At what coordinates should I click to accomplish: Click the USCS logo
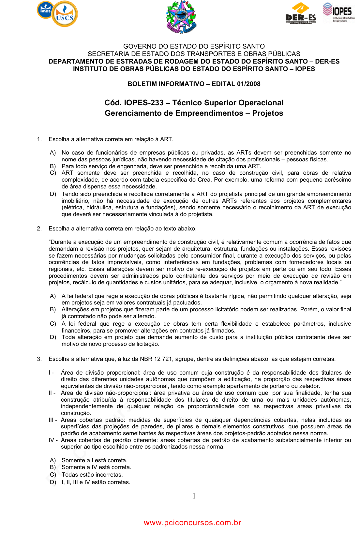(65, 14)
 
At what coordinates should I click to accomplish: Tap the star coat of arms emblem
(181, 17)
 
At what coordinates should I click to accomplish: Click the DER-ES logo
(301, 13)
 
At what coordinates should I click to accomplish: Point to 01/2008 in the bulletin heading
(249, 84)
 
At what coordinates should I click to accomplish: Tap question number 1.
(39, 139)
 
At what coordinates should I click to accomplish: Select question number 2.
(39, 229)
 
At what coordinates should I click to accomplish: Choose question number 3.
(39, 359)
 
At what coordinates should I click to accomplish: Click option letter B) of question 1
(53, 166)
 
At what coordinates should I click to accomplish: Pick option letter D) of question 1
(53, 194)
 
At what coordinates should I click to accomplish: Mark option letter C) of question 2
(53, 324)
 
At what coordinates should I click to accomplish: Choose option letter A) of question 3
(53, 460)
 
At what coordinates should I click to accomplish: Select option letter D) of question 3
(53, 482)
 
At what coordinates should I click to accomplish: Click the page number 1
(194, 496)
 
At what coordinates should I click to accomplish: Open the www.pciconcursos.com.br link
(192, 523)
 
